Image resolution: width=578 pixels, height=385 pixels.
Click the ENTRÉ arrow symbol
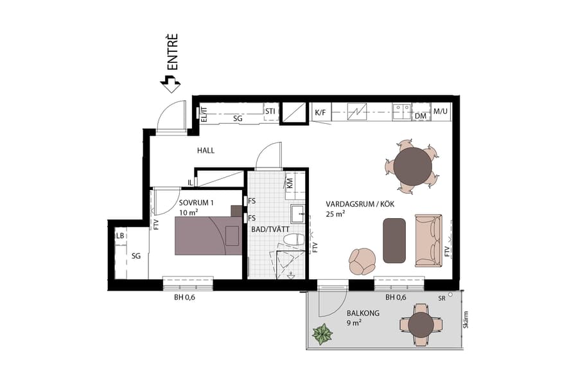tap(171, 81)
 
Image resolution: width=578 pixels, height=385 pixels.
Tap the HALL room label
tap(206, 151)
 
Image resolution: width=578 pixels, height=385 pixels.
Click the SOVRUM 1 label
tap(196, 203)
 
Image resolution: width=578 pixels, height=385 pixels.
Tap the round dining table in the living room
tap(413, 166)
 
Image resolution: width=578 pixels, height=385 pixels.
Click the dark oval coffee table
tap(394, 240)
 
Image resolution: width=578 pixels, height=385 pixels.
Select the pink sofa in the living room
tap(428, 241)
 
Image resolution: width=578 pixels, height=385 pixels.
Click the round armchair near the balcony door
tap(362, 261)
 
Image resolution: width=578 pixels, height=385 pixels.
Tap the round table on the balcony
tap(421, 325)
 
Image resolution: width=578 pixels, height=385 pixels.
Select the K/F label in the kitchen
tap(320, 114)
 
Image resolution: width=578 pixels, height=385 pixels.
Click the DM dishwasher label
tap(421, 116)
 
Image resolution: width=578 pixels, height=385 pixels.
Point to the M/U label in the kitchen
tap(440, 112)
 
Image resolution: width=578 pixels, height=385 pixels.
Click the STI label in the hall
tap(270, 111)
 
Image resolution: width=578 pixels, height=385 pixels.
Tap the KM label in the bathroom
tap(290, 182)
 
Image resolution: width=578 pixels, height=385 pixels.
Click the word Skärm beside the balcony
tap(465, 320)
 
